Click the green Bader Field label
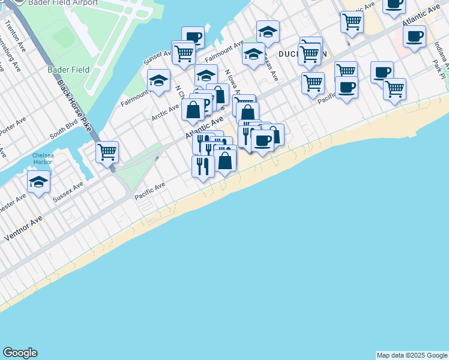click(x=68, y=70)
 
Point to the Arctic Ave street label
click(x=164, y=112)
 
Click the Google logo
click(x=20, y=353)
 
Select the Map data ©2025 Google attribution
click(x=412, y=355)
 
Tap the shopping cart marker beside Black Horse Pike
click(x=107, y=152)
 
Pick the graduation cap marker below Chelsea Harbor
click(x=38, y=182)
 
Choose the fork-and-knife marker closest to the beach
click(x=203, y=166)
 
